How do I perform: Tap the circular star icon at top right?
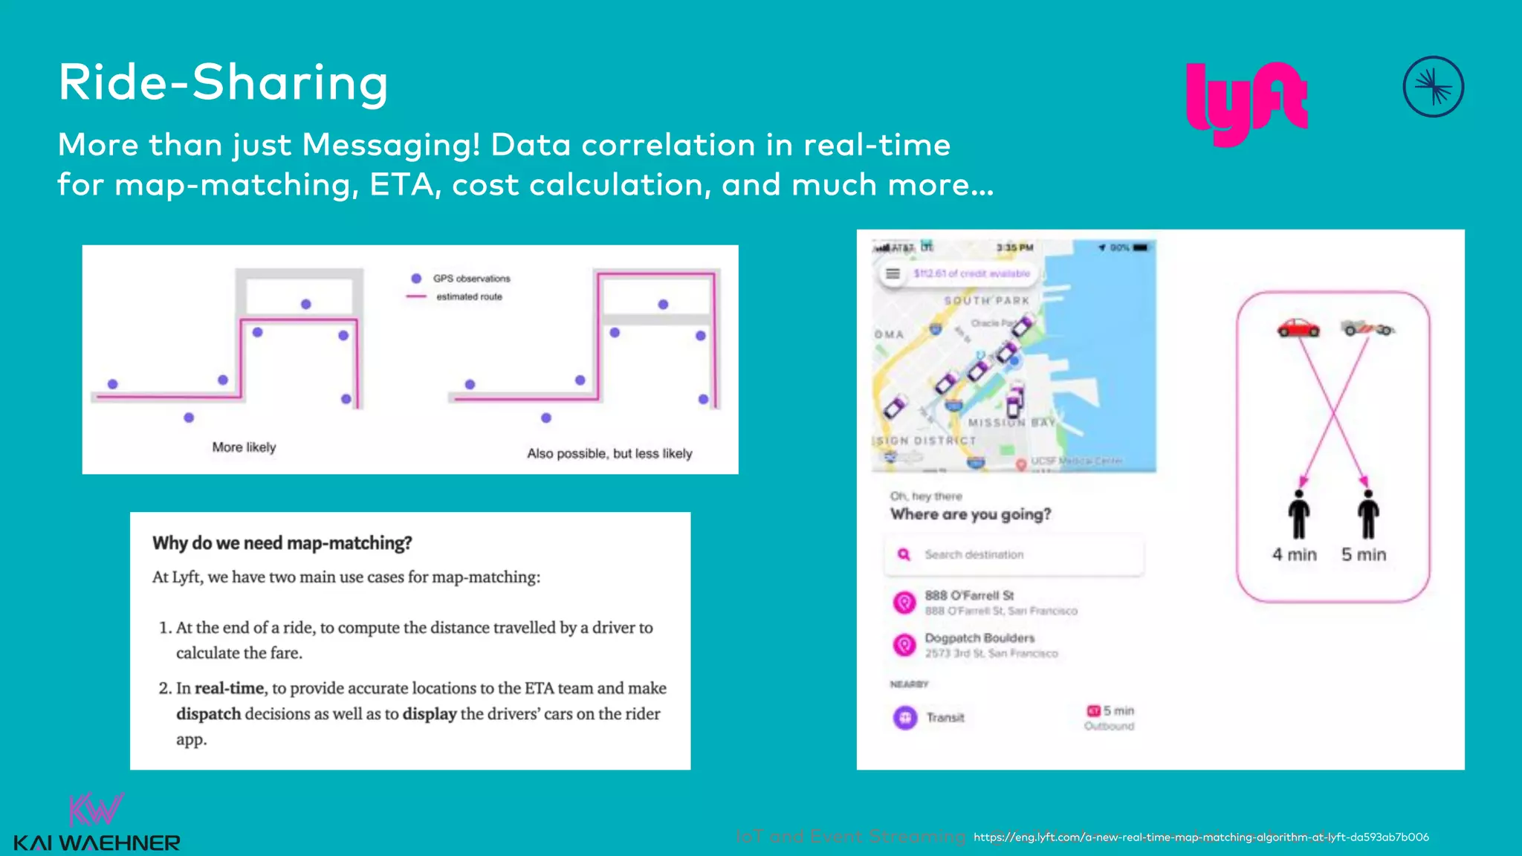click(x=1433, y=87)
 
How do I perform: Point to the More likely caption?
click(x=244, y=447)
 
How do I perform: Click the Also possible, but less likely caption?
click(x=609, y=453)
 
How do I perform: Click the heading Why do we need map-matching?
click(x=282, y=543)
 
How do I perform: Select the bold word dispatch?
click(x=208, y=714)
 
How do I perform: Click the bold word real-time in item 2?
click(x=229, y=689)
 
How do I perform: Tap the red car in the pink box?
click(x=1298, y=328)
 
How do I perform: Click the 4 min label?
click(x=1294, y=554)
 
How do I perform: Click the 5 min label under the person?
click(x=1364, y=554)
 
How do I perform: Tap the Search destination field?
click(x=1014, y=555)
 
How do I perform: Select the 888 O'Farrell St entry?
click(x=969, y=596)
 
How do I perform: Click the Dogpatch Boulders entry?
click(x=979, y=638)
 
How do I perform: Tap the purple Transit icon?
click(x=904, y=718)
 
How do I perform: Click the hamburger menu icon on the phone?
click(x=893, y=274)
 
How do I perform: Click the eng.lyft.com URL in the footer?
click(x=1201, y=837)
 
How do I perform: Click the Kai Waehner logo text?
click(x=97, y=843)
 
